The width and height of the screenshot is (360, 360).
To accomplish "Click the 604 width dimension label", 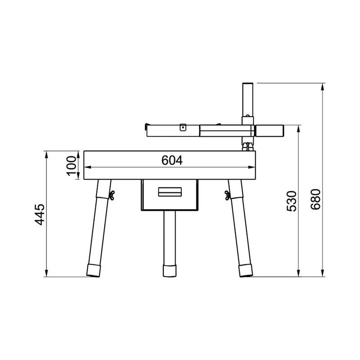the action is tap(172, 160).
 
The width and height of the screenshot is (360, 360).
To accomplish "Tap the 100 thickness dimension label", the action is tap(72, 166).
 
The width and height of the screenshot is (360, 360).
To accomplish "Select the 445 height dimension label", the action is tap(40, 214).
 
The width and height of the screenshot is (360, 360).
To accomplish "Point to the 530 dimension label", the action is tap(292, 201).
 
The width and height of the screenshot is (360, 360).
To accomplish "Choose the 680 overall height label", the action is tap(315, 199).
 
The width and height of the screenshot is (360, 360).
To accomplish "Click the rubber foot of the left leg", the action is tap(94, 271).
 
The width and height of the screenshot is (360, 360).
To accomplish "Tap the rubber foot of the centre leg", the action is tap(170, 271).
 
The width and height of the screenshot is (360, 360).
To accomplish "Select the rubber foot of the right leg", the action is tap(245, 271).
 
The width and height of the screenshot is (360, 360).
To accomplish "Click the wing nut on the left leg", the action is tap(112, 195).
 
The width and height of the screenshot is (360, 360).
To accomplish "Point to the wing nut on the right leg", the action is tap(228, 195).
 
